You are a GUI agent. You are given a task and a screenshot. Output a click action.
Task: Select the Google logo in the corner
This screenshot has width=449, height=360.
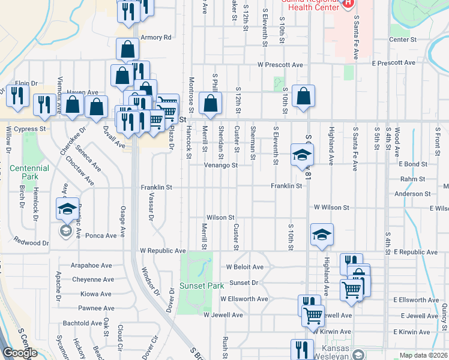[x=20, y=353]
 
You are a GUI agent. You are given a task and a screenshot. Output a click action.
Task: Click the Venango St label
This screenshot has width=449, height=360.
[x=221, y=165]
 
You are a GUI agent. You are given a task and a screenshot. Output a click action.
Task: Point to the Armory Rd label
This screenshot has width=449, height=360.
[x=156, y=37]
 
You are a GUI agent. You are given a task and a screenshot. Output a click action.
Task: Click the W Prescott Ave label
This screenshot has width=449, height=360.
[x=280, y=65]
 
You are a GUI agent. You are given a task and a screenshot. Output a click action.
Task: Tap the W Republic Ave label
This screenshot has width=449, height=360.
[x=163, y=250]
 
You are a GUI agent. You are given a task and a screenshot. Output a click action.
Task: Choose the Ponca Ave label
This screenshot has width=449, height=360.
[x=101, y=236]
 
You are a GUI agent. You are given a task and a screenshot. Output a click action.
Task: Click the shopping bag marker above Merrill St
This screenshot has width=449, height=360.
[x=211, y=103]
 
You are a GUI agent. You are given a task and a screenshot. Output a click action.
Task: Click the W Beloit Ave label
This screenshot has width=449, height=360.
[x=245, y=267]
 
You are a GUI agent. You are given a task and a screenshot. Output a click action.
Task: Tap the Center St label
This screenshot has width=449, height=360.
[x=403, y=40]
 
